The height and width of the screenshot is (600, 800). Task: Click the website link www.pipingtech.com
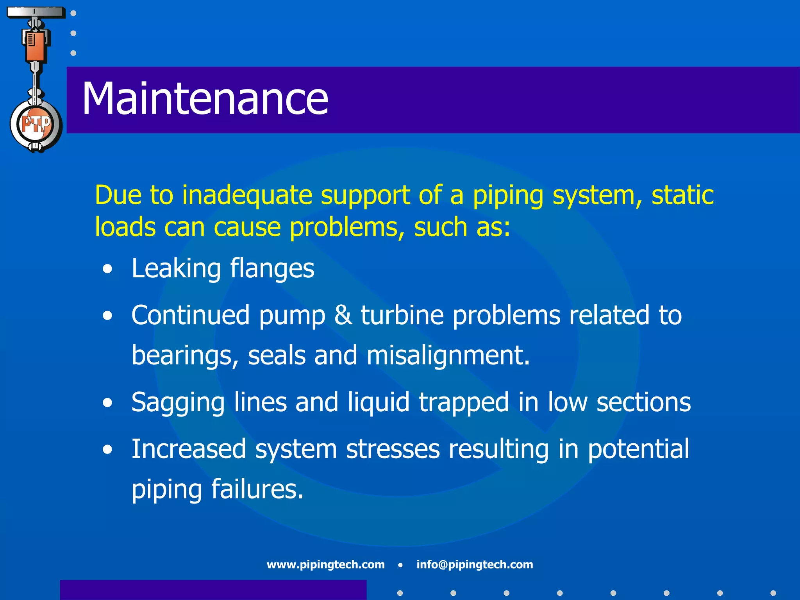pyautogui.click(x=325, y=564)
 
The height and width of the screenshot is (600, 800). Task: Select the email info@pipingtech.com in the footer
pyautogui.click(x=475, y=564)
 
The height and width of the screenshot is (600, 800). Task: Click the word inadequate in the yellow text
pyautogui.click(x=247, y=195)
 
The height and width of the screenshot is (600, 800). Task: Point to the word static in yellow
pyautogui.click(x=682, y=195)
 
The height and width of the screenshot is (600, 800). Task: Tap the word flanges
pyautogui.click(x=272, y=269)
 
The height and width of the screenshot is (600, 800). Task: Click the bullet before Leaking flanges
pyautogui.click(x=107, y=270)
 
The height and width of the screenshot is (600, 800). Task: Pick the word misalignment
pyautogui.click(x=448, y=356)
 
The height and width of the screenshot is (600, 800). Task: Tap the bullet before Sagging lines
pyautogui.click(x=107, y=403)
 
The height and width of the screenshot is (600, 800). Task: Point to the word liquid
pyautogui.click(x=379, y=402)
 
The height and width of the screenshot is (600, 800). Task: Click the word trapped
pyautogui.click(x=464, y=402)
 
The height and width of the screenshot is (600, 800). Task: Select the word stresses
pyautogui.click(x=393, y=449)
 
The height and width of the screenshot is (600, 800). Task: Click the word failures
pyautogui.click(x=257, y=489)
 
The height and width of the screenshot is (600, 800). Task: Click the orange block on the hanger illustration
pyautogui.click(x=36, y=47)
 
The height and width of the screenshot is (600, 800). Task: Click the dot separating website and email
pyautogui.click(x=400, y=565)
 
